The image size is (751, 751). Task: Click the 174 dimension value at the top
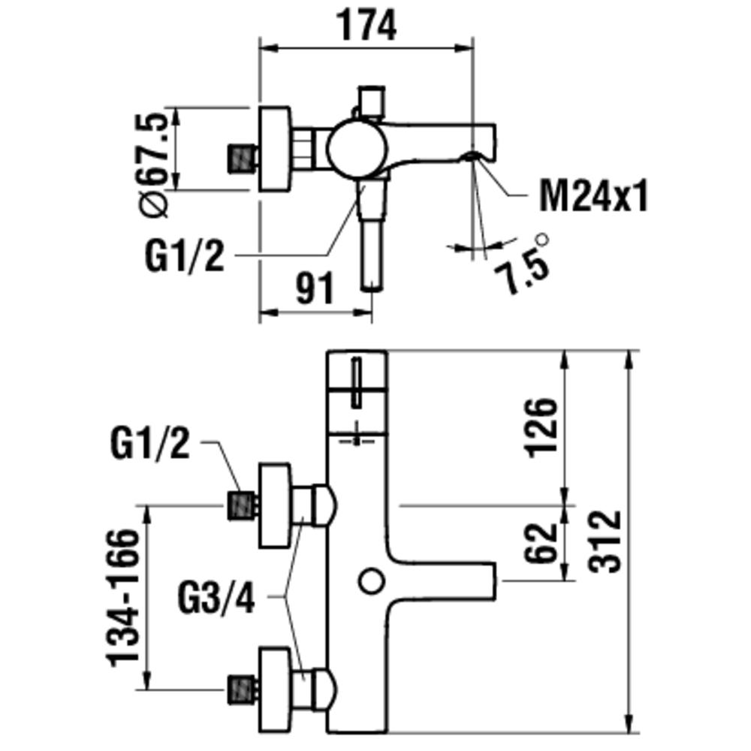[x=366, y=27]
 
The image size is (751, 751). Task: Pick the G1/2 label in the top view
[x=185, y=257]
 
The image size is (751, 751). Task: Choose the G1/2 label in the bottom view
[x=149, y=446]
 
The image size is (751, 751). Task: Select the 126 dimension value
[x=541, y=427]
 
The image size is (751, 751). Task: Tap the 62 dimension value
[x=541, y=542]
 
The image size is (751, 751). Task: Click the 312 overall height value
[x=607, y=541]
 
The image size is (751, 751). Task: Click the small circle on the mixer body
[x=370, y=580]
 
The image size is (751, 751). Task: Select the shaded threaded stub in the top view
[x=242, y=158]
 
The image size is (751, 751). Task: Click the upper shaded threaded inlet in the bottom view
[x=242, y=505]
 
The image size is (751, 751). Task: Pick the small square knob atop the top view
[x=372, y=100]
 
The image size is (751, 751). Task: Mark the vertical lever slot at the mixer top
[x=357, y=383]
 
